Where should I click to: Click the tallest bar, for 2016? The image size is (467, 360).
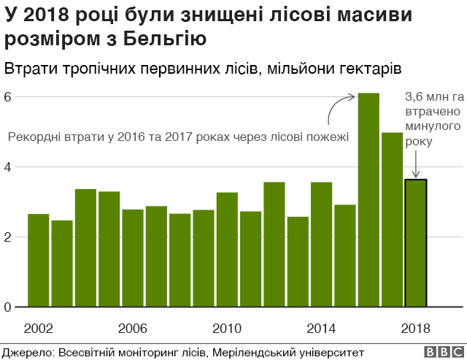point(368,200)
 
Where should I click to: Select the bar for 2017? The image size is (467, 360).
point(393,219)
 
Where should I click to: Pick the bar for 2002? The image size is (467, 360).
point(38,260)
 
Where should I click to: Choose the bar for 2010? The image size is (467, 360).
point(227,249)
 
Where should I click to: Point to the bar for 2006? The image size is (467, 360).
point(133,258)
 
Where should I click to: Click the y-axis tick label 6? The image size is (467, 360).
point(7,96)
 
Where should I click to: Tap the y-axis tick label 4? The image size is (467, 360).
point(7,166)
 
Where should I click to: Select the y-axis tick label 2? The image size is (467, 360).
point(7,237)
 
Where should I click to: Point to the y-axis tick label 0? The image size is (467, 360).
point(7,307)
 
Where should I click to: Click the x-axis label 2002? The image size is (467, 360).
point(38,327)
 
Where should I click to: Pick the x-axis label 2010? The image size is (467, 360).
point(227,327)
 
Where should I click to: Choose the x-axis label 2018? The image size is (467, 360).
point(416,327)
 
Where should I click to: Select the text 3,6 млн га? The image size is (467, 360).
point(435,96)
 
